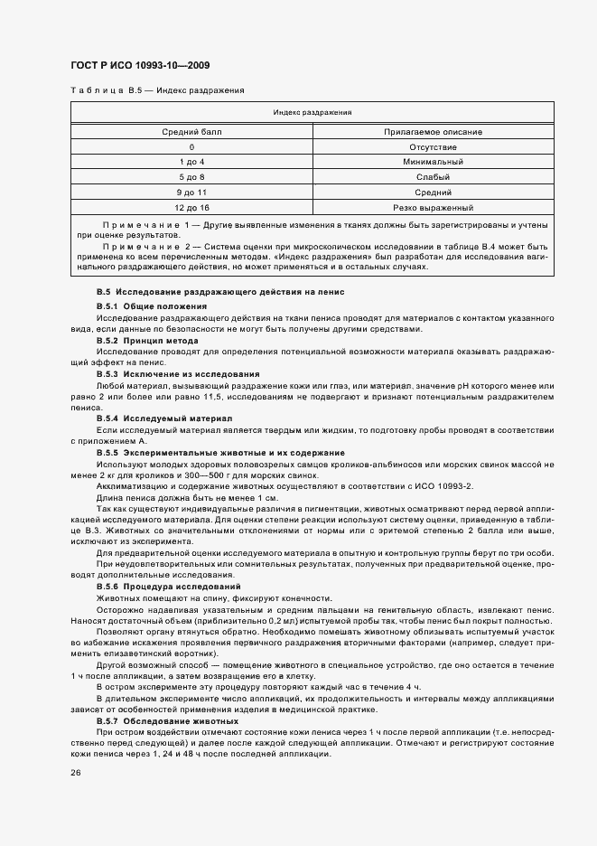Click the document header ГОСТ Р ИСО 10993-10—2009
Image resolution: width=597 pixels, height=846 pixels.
(140, 66)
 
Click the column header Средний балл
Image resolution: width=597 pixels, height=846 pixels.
(191, 131)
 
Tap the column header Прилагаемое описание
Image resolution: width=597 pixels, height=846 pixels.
(433, 131)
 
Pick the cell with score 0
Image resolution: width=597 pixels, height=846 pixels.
(191, 146)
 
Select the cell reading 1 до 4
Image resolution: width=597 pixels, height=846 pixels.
(191, 162)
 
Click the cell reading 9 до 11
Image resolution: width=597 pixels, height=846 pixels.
(191, 193)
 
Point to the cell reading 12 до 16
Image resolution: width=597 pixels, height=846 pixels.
(191, 208)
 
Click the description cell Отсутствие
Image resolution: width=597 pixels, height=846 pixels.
(433, 146)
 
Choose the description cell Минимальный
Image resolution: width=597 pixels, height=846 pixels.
(433, 162)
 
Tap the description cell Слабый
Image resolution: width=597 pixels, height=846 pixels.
(433, 177)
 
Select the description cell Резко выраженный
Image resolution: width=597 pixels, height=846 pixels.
(433, 208)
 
